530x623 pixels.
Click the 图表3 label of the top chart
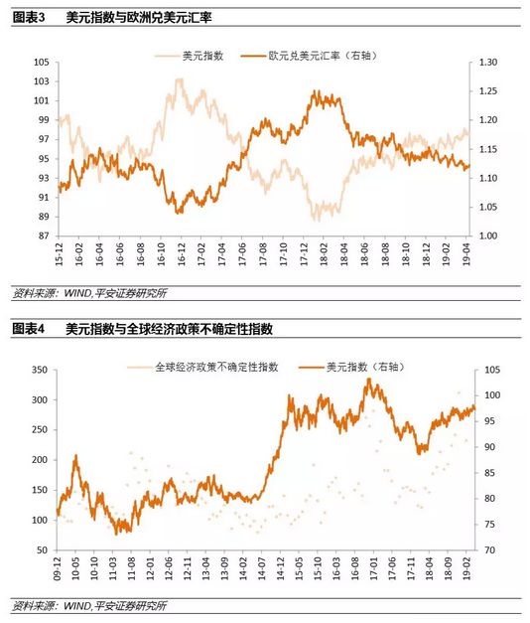[x=29, y=18]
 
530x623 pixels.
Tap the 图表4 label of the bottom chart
[x=29, y=328]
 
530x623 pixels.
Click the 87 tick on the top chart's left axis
[x=43, y=236]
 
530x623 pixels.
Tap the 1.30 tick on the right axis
[x=488, y=62]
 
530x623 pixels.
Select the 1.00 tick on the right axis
[x=488, y=236]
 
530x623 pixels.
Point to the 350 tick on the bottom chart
[x=40, y=370]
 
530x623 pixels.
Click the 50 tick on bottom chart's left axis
[x=43, y=550]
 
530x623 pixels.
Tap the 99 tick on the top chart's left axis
[x=43, y=120]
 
